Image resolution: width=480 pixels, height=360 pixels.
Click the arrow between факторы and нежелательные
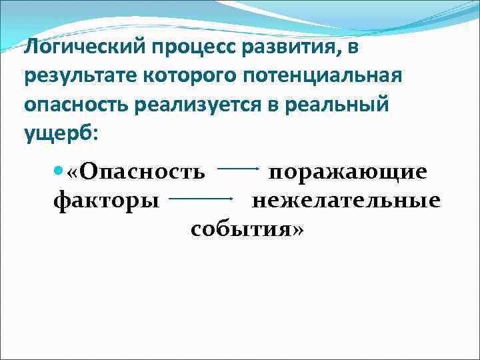coord(201,198)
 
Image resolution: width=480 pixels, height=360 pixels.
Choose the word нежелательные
coord(346,199)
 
